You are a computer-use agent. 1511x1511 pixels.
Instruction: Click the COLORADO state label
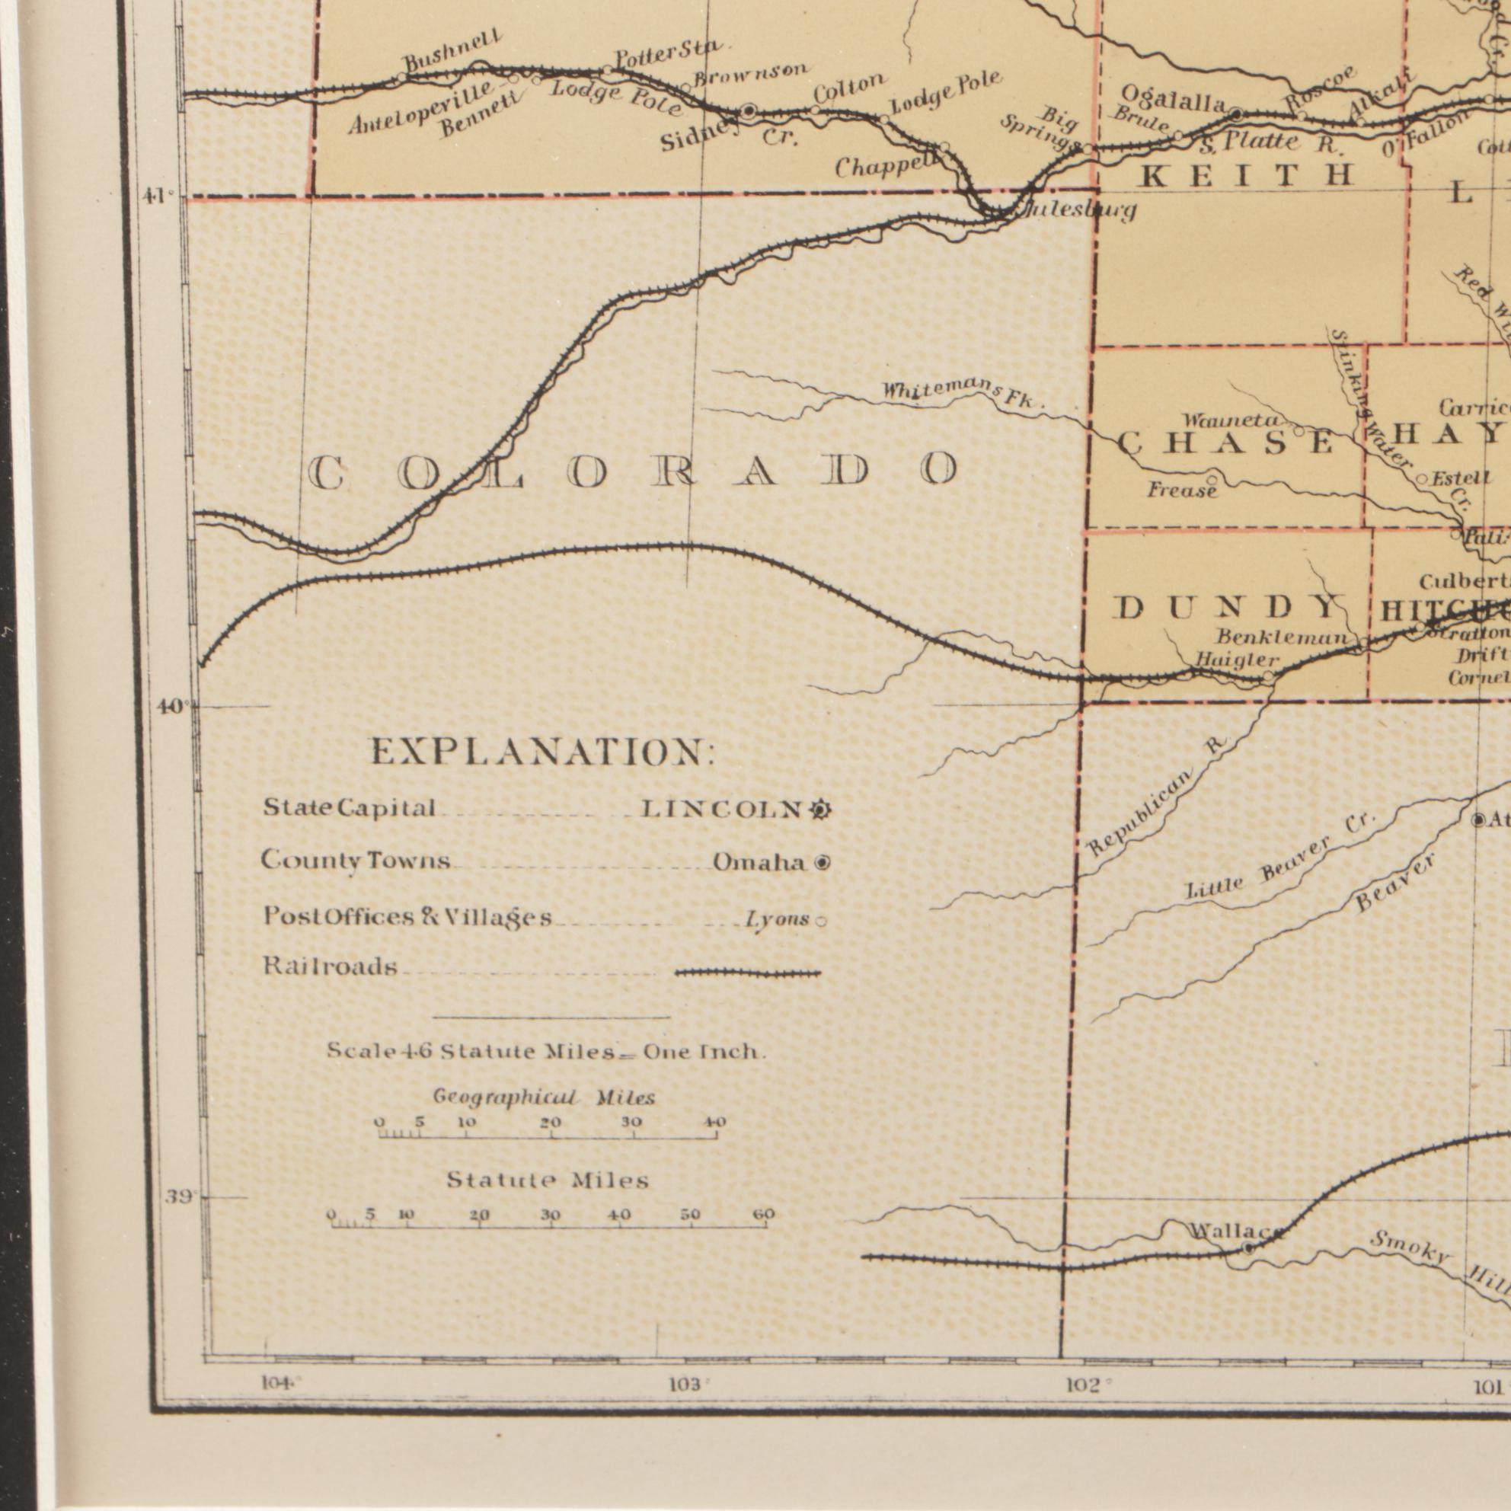(x=634, y=472)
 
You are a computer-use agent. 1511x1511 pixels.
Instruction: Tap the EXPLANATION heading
(x=542, y=752)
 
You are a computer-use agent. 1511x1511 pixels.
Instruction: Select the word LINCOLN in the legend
(x=721, y=810)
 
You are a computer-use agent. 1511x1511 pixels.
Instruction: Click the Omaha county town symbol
(x=822, y=864)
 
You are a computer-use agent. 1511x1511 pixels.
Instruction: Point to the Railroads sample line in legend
(x=748, y=974)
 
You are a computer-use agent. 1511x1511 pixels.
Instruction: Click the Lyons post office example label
(x=777, y=920)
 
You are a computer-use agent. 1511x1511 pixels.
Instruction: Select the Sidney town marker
(x=749, y=111)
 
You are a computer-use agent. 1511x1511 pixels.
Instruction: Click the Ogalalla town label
(x=1171, y=98)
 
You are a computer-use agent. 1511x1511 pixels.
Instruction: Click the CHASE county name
(x=1225, y=444)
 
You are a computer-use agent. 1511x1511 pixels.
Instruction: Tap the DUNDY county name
(x=1225, y=608)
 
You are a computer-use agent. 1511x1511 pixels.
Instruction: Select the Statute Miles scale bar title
(x=548, y=1180)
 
